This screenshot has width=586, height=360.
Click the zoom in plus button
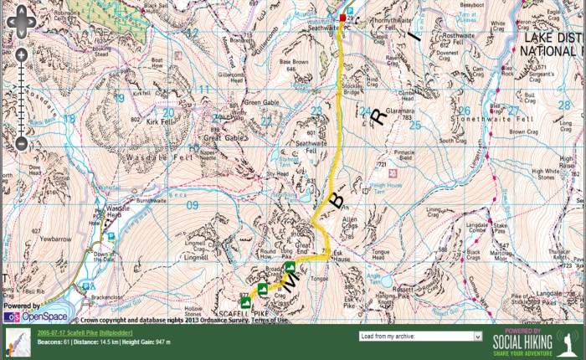click(21, 56)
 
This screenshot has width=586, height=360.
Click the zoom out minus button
click(21, 144)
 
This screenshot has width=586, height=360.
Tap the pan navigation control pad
click(21, 23)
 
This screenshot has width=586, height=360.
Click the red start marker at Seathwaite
click(342, 18)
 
